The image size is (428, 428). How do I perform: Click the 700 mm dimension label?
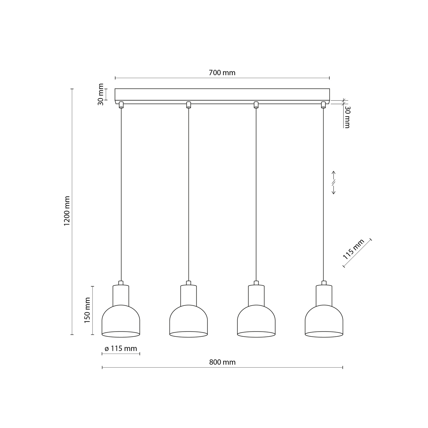coord(222,73)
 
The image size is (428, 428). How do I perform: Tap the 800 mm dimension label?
coord(222,362)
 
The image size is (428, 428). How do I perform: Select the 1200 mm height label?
coord(67,211)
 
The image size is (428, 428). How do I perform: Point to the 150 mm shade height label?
coord(87,310)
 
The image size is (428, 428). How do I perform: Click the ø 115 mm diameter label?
coord(121,349)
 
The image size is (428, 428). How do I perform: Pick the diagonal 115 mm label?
coord(354,249)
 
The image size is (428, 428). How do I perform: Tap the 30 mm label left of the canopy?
coord(101,94)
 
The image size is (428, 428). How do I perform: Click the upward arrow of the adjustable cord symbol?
coord(334,175)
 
